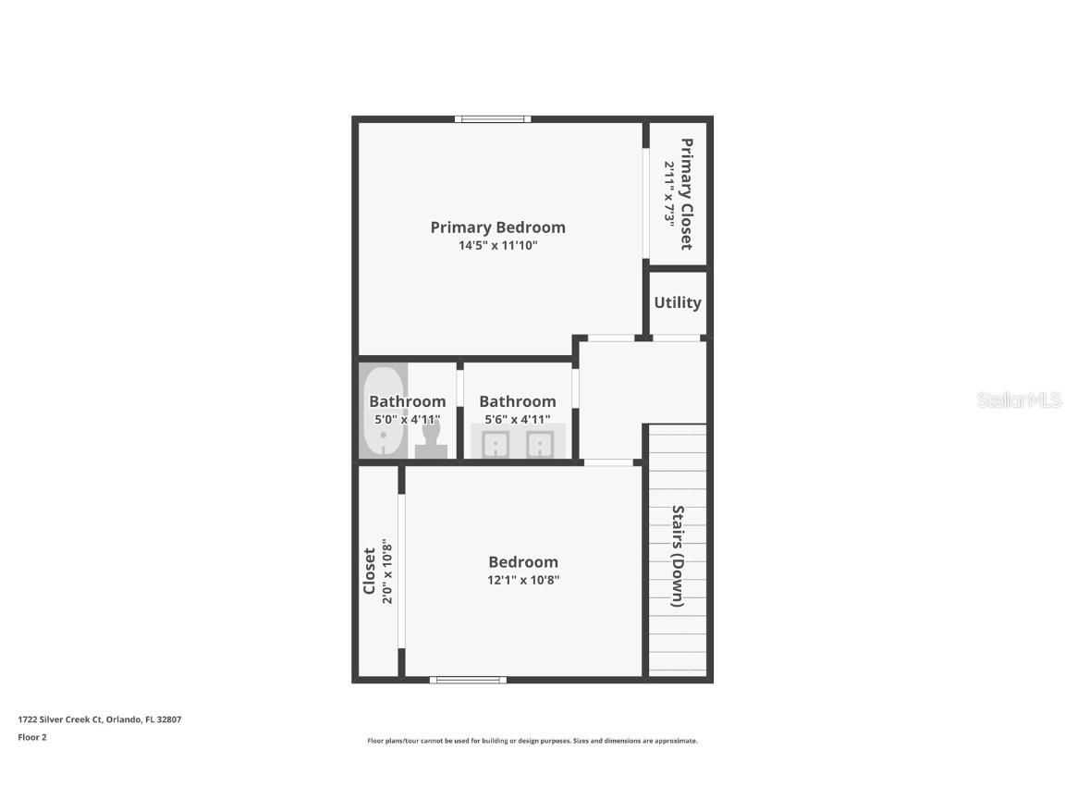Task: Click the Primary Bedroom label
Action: pyautogui.click(x=497, y=227)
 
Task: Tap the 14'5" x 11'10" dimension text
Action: pyautogui.click(x=497, y=246)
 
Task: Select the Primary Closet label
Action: pyautogui.click(x=686, y=194)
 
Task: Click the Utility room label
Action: pyautogui.click(x=678, y=302)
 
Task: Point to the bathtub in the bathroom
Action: pyautogui.click(x=383, y=412)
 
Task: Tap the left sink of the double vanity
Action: pyautogui.click(x=496, y=446)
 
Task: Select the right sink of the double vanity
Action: pyautogui.click(x=539, y=446)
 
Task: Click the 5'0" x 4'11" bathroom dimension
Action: pyautogui.click(x=407, y=420)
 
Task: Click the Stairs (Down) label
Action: pyautogui.click(x=678, y=556)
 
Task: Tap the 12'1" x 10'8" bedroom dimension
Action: pyautogui.click(x=523, y=581)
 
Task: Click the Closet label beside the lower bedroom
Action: pyautogui.click(x=369, y=572)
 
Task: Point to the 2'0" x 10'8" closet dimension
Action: pyautogui.click(x=388, y=572)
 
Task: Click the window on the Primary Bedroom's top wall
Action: pyautogui.click(x=493, y=118)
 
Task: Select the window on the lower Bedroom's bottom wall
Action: pyautogui.click(x=468, y=680)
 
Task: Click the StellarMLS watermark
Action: pyautogui.click(x=1019, y=400)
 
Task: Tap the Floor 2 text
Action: pyautogui.click(x=32, y=737)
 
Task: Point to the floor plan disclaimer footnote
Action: pyautogui.click(x=532, y=741)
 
